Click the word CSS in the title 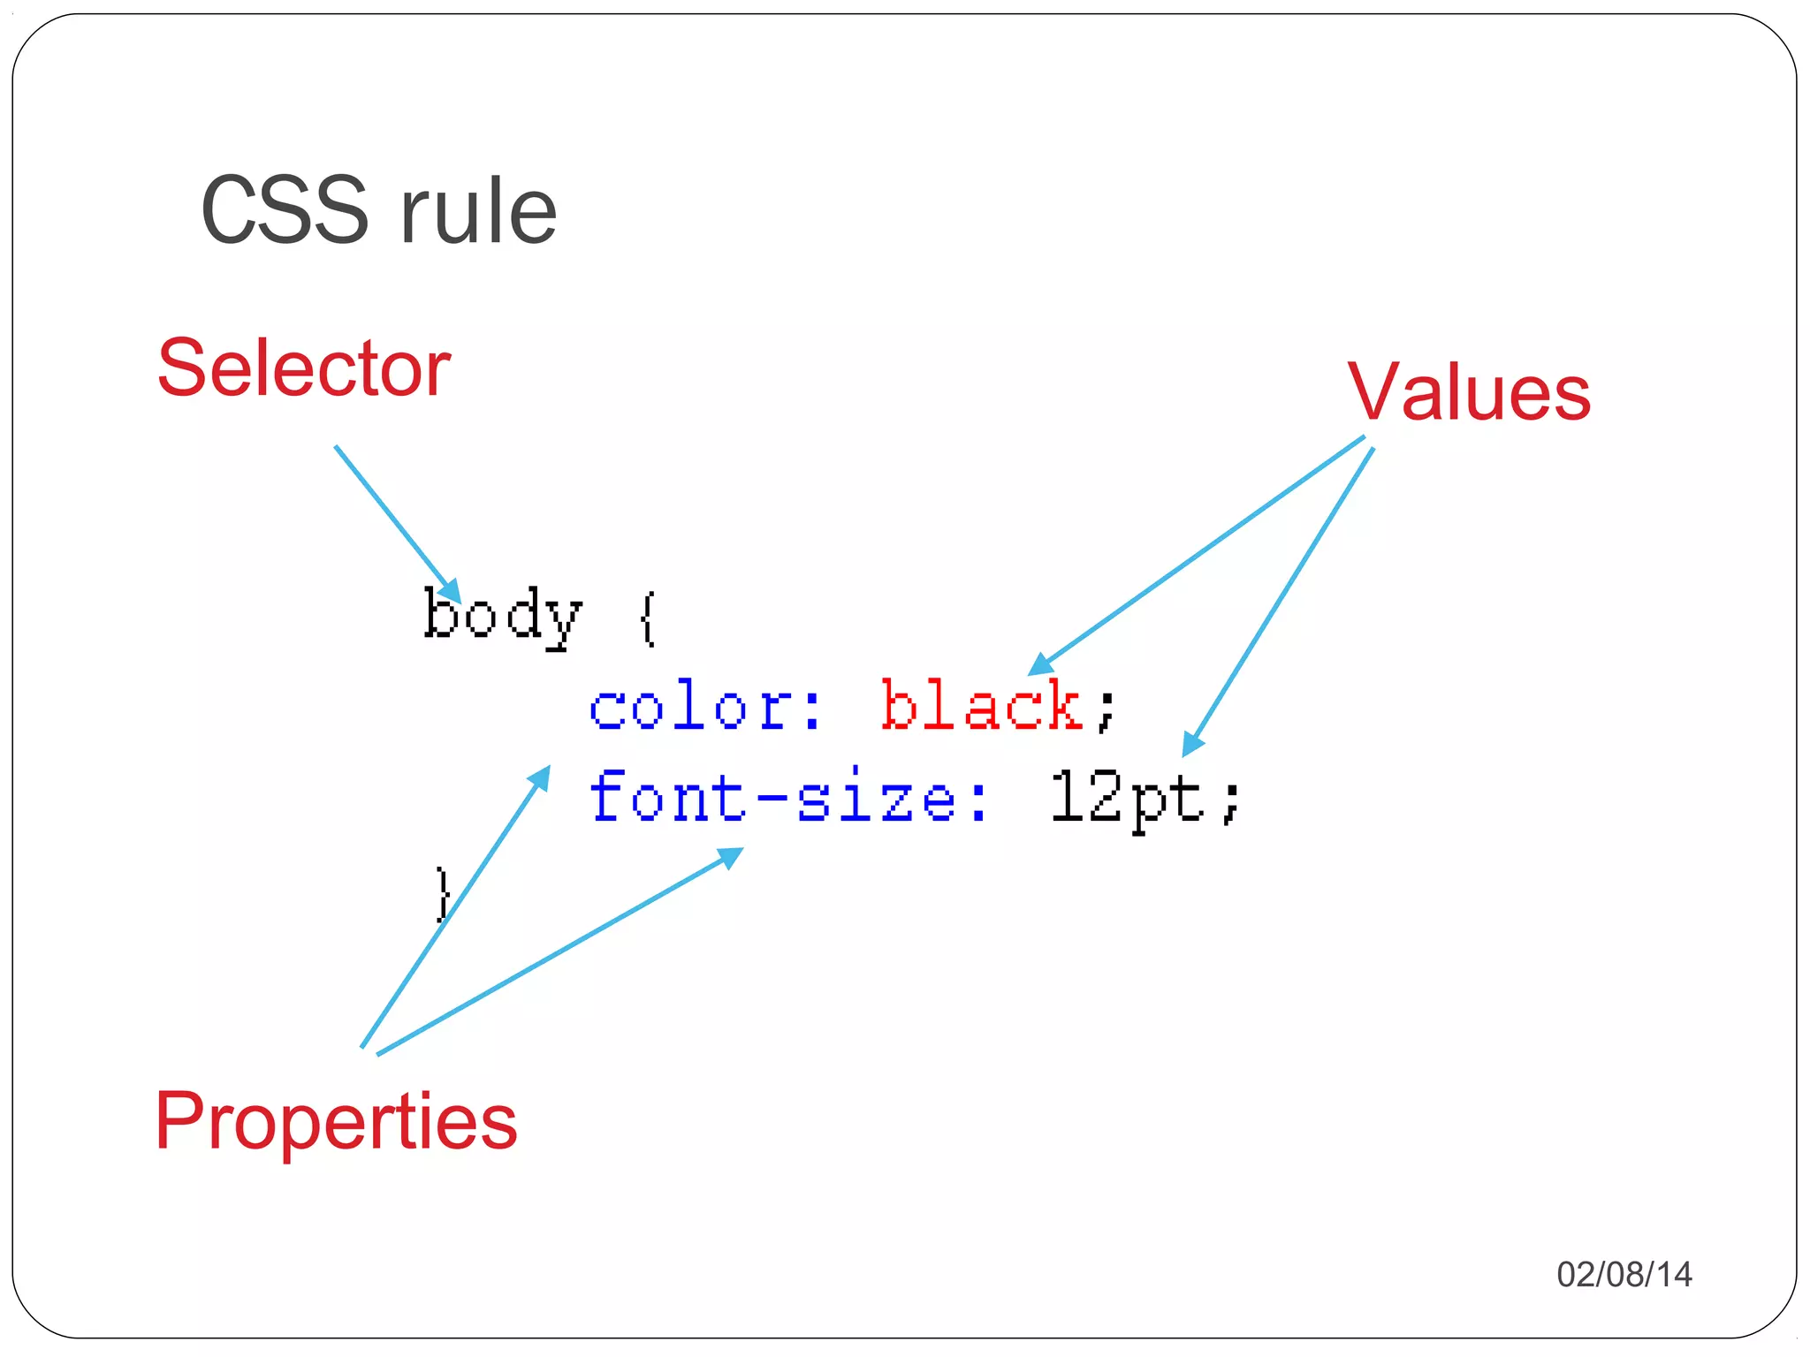pyautogui.click(x=285, y=210)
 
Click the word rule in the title pyautogui.click(x=478, y=210)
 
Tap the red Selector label pyautogui.click(x=304, y=368)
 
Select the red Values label pyautogui.click(x=1469, y=392)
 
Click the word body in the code pyautogui.click(x=502, y=616)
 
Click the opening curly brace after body pyautogui.click(x=648, y=618)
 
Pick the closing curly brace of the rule pyautogui.click(x=443, y=894)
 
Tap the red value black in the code pyautogui.click(x=982, y=707)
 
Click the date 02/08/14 pyautogui.click(x=1624, y=1274)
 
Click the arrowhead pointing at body pyautogui.click(x=452, y=592)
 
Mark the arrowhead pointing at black pyautogui.click(x=1040, y=664)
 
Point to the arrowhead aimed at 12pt pyautogui.click(x=1191, y=745)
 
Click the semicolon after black pyautogui.click(x=1107, y=711)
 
